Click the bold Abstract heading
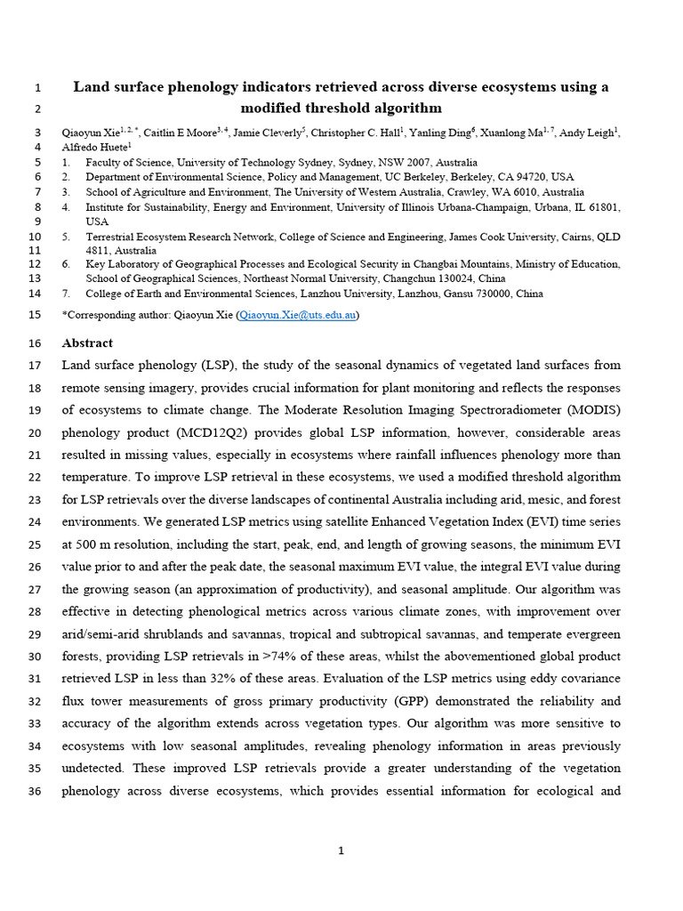click(x=87, y=343)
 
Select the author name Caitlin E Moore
click(x=183, y=133)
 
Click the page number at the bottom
click(x=341, y=851)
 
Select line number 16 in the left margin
click(x=36, y=343)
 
